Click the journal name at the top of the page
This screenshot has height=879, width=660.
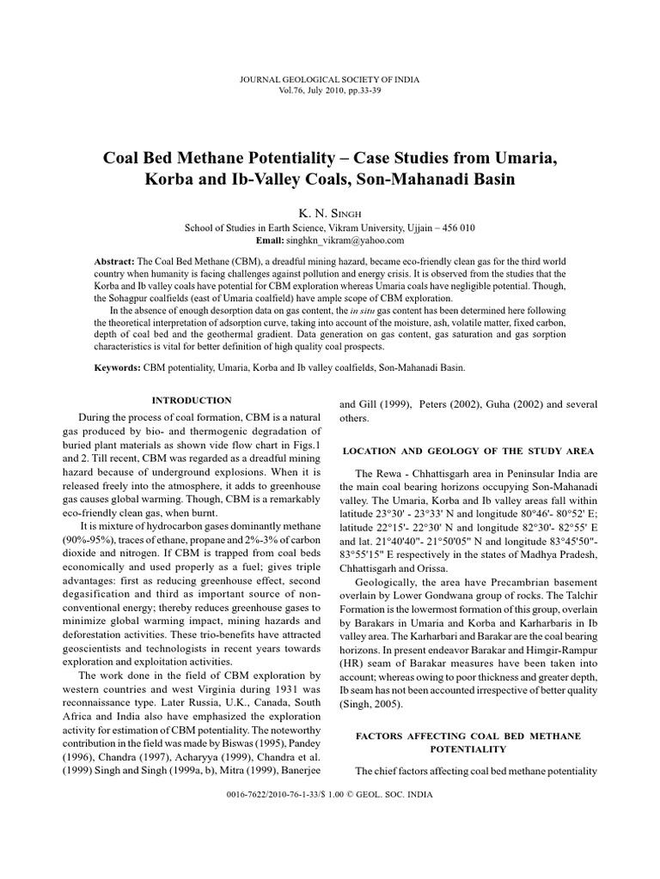[330, 79]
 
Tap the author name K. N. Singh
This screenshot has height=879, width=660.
[330, 212]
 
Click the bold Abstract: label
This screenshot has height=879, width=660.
[114, 260]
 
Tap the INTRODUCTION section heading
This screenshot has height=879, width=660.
[192, 400]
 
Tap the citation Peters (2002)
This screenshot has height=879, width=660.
[453, 403]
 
